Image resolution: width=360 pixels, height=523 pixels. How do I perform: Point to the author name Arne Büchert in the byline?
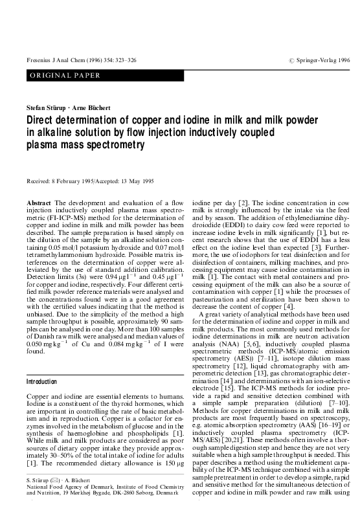click(x=87, y=106)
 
